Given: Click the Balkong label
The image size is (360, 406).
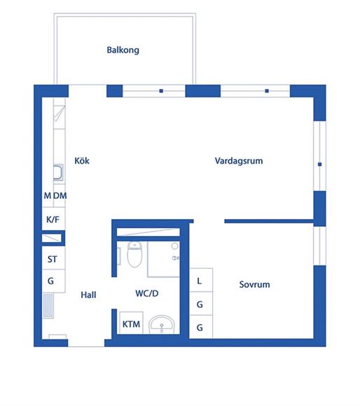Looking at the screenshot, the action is (123, 50).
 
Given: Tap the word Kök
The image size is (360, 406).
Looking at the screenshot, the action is (82, 160).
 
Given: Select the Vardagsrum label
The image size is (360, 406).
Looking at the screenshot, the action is (239, 161).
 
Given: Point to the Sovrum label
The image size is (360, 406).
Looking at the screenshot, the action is (254, 284).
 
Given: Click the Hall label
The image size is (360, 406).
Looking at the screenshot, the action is (88, 295).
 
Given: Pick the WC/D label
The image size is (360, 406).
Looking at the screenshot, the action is (147, 293).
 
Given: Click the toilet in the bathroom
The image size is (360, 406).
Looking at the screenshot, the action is (134, 254).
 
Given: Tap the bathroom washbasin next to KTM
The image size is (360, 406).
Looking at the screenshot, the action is (162, 324).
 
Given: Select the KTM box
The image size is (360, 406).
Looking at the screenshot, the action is (131, 323).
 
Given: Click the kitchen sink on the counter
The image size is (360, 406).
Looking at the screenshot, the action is (58, 172).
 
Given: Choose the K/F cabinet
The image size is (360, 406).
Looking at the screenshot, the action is (53, 218).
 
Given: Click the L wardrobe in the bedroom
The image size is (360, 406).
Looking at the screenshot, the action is (201, 280).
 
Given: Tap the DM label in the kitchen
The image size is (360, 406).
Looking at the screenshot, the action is (60, 195).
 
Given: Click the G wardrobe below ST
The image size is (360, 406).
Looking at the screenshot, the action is (53, 281).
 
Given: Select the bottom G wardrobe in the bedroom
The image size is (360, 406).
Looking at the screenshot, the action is (201, 327).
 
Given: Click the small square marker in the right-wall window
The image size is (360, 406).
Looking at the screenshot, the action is (319, 164).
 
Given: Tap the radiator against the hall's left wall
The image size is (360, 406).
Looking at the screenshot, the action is (48, 305).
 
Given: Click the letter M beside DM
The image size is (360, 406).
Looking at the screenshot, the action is (48, 195).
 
